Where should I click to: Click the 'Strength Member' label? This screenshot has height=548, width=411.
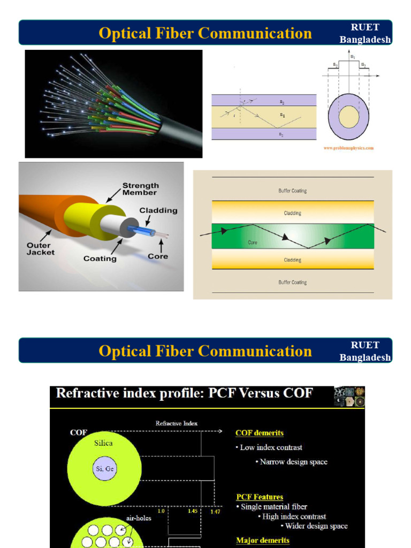coord(140,189)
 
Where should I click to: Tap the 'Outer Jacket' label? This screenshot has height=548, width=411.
coord(41,249)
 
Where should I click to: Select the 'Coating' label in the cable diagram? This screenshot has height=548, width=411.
coord(100,258)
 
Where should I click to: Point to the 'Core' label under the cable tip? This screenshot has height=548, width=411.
coord(158,256)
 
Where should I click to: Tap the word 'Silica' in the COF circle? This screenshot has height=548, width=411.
coord(104,443)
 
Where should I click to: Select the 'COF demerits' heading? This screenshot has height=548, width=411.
coord(260,432)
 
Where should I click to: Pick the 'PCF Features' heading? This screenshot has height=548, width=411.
coord(260,497)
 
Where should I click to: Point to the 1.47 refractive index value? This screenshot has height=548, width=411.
coord(215,511)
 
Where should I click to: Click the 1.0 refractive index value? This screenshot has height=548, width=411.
coord(161,511)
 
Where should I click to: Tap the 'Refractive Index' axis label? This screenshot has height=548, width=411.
coord(177,423)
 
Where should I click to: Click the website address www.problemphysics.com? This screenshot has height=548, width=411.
coord(348,148)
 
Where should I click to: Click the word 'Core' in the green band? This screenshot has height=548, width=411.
coord(253,242)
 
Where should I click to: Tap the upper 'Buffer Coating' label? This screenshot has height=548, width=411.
coord(293,191)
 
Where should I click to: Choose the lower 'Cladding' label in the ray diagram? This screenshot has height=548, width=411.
coord(293,260)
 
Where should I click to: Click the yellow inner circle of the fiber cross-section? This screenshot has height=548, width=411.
coord(349,117)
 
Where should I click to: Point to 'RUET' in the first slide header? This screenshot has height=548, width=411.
coord(365,28)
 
